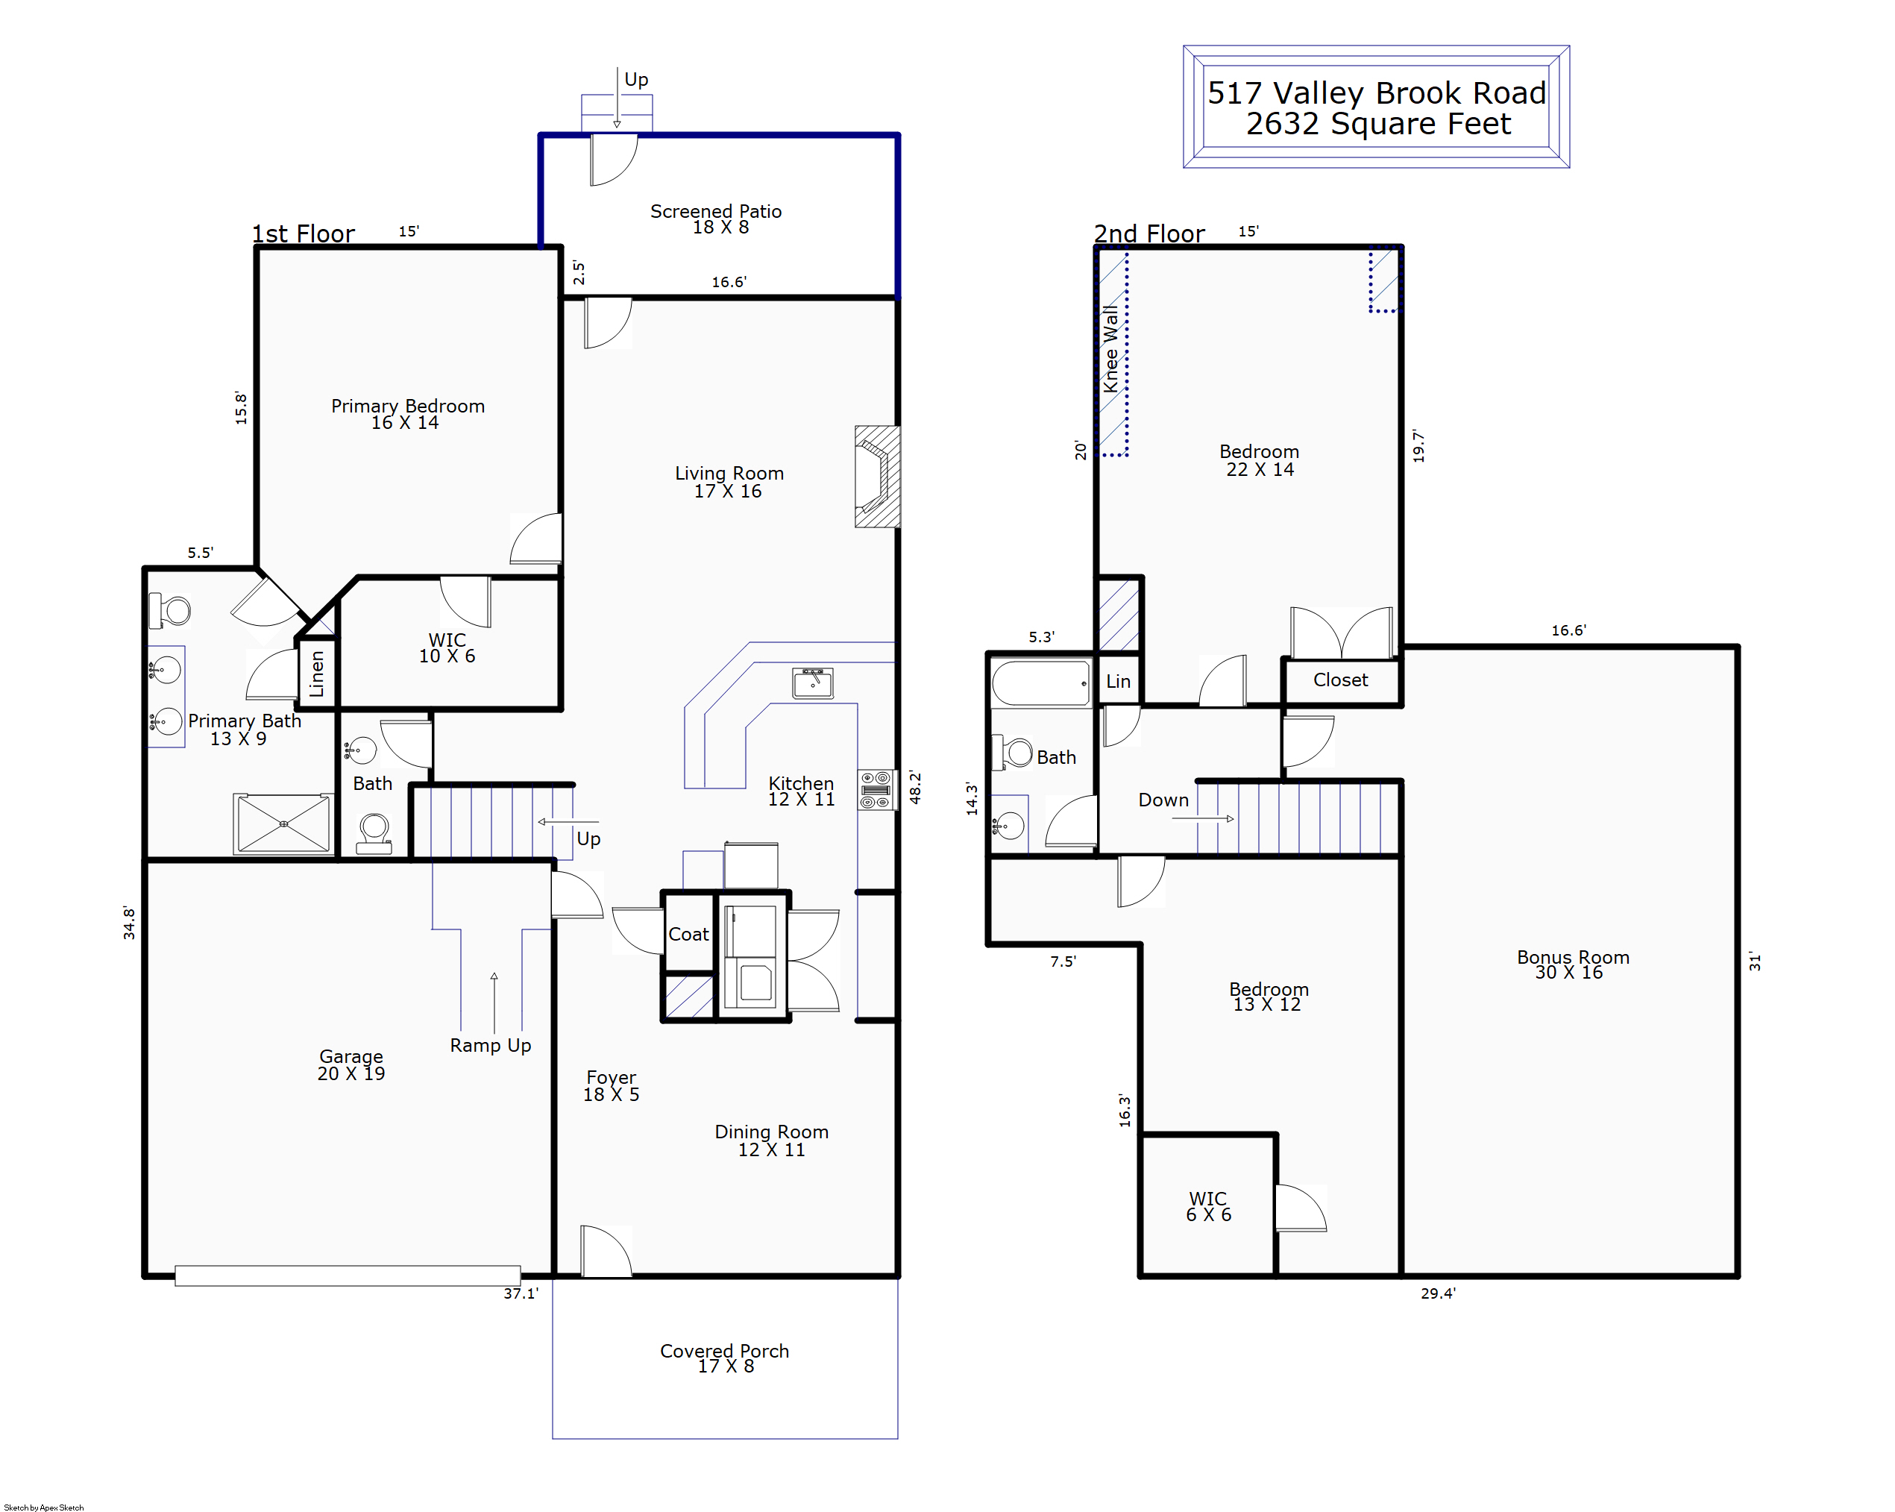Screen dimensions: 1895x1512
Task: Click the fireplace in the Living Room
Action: [877, 477]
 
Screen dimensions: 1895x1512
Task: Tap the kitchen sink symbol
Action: [812, 683]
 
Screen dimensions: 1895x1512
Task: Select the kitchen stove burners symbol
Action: [876, 790]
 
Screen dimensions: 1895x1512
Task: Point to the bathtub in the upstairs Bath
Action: [1040, 683]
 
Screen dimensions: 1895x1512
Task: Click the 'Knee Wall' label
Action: [1111, 349]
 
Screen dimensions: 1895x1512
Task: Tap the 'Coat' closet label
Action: [688, 935]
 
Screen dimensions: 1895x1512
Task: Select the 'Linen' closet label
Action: [316, 674]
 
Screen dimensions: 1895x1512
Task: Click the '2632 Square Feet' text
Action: [1378, 124]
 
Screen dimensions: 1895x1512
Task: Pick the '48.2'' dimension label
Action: [915, 788]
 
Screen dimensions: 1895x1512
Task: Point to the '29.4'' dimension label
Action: [1438, 1293]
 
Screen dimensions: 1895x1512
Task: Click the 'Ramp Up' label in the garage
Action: [491, 1045]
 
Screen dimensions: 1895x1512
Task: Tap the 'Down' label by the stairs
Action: [1163, 800]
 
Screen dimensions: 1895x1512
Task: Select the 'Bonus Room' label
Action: [1572, 956]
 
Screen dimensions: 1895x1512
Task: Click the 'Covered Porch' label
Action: [724, 1350]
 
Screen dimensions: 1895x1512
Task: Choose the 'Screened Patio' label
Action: [715, 211]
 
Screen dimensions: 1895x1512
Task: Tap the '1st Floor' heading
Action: [304, 233]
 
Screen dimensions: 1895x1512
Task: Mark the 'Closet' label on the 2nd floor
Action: [1340, 680]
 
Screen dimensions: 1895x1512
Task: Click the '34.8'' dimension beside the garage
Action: [129, 923]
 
